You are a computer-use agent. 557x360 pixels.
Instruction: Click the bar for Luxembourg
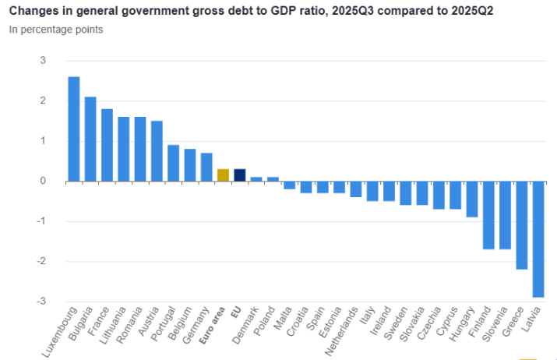pyautogui.click(x=74, y=129)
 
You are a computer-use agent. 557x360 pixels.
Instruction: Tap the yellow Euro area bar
pyautogui.click(x=223, y=175)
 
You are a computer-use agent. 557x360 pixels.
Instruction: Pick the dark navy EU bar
pyautogui.click(x=240, y=175)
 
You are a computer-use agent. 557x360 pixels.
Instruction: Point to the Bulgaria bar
pyautogui.click(x=90, y=139)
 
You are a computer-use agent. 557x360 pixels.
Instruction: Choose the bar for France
pyautogui.click(x=108, y=145)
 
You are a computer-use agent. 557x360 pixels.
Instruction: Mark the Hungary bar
pyautogui.click(x=472, y=199)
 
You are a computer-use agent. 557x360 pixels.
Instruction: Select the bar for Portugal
pyautogui.click(x=174, y=163)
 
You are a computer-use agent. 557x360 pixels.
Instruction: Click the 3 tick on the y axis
pyautogui.click(x=44, y=61)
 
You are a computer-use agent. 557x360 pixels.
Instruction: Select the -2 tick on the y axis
pyautogui.click(x=42, y=261)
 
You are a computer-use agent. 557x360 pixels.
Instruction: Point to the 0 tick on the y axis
pyautogui.click(x=44, y=181)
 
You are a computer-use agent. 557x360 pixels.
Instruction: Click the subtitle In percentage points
pyautogui.click(x=56, y=30)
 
